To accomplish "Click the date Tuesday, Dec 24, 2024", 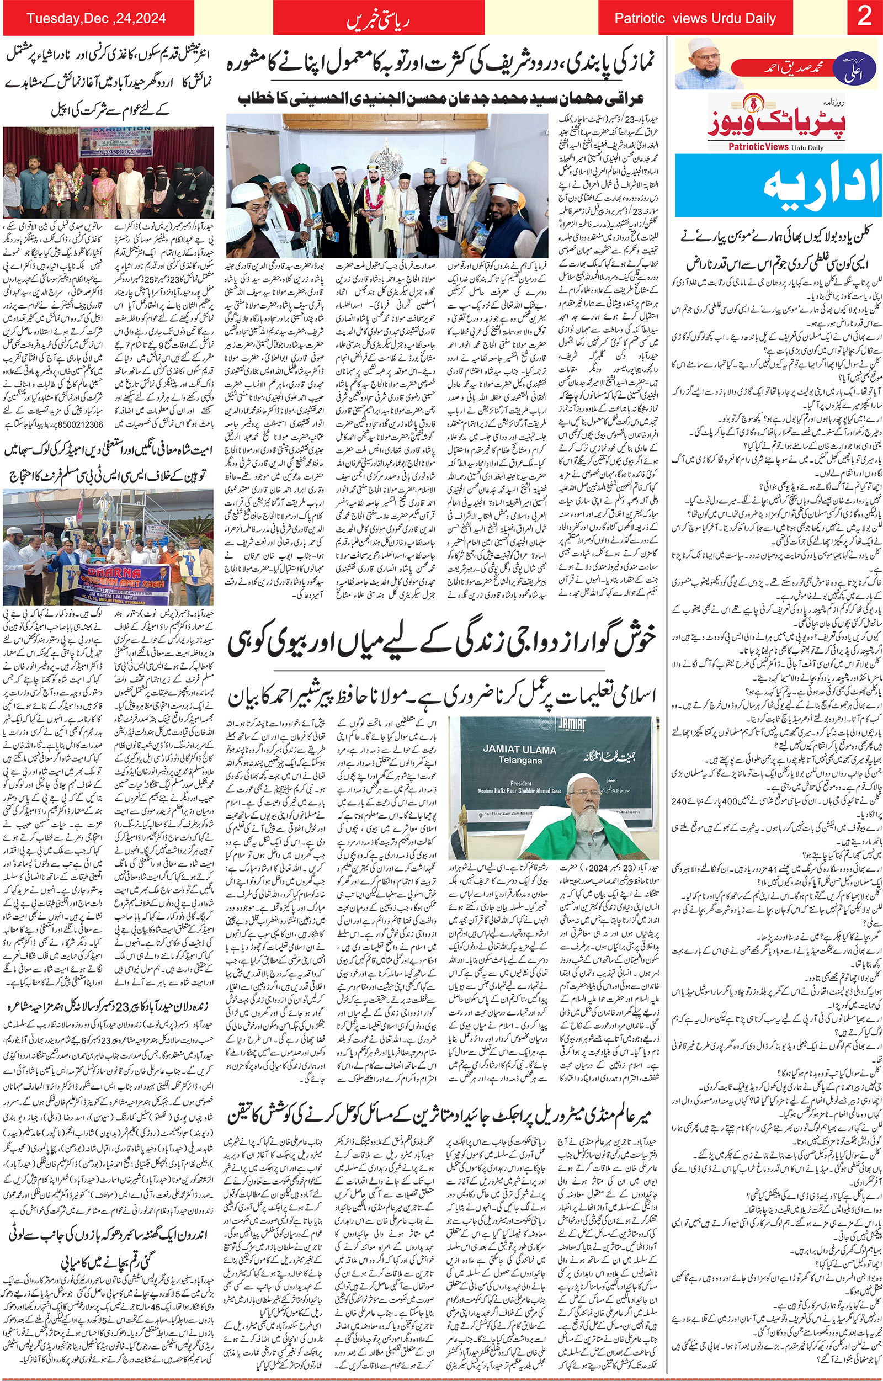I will coord(97,18).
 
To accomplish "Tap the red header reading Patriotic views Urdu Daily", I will coord(695,18).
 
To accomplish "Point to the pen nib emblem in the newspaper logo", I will coord(749,107).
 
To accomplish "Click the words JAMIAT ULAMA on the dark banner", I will coord(512,750).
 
